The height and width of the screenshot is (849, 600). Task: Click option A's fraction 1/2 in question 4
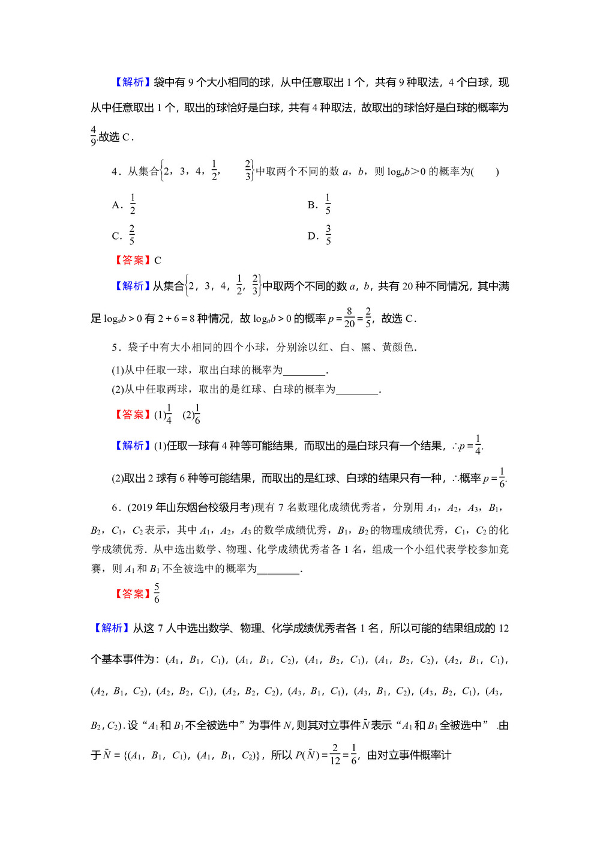click(133, 204)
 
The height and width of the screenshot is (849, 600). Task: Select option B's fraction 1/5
click(328, 204)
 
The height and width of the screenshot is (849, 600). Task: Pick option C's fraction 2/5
click(132, 235)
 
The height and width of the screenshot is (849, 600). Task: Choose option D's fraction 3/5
click(328, 235)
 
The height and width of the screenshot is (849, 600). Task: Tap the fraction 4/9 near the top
click(94, 136)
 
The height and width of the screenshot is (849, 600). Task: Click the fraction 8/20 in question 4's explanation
click(349, 318)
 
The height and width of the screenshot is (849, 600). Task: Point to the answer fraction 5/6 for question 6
click(157, 593)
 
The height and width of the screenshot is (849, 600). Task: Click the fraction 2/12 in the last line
click(335, 755)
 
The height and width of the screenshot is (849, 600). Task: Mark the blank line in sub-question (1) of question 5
click(304, 370)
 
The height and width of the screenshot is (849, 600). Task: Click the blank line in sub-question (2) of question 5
click(358, 390)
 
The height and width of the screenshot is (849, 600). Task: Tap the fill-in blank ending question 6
click(278, 569)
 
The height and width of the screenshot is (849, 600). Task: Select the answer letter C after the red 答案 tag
click(158, 261)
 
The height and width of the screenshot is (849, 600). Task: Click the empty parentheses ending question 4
click(485, 172)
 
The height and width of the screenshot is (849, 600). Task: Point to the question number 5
click(115, 348)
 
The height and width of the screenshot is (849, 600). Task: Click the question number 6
click(115, 508)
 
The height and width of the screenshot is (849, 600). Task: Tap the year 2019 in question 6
click(142, 508)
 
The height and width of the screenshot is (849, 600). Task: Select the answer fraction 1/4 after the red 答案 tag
click(169, 414)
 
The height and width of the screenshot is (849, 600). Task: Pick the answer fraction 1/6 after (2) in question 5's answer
click(197, 414)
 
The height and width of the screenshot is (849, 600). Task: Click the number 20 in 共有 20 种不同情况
click(408, 286)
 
